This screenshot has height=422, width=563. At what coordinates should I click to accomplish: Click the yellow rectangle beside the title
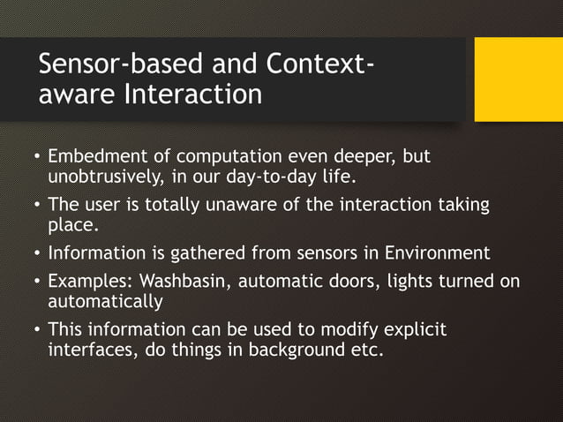518,79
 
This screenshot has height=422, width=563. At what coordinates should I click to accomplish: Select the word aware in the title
71,94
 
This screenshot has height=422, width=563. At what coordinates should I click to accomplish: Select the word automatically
105,302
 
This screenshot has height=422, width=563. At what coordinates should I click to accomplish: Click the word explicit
414,330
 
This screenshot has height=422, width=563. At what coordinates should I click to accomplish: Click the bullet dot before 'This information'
36,330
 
